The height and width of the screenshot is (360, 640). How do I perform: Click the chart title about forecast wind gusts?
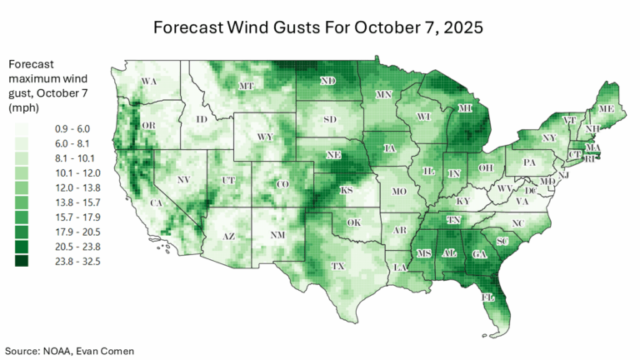click(319, 27)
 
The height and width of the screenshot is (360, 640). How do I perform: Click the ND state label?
click(327, 81)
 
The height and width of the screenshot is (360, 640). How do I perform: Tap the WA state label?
click(149, 81)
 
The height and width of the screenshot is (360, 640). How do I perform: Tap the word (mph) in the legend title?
click(23, 108)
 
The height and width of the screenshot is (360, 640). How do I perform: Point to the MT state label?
click(247, 86)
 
